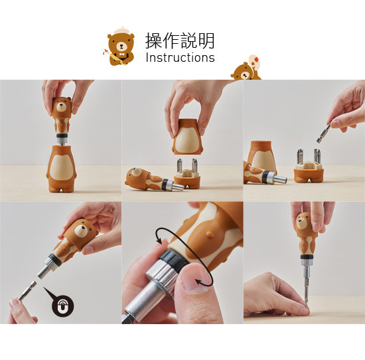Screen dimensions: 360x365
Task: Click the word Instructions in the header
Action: click(180, 58)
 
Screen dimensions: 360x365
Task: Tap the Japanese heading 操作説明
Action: click(180, 41)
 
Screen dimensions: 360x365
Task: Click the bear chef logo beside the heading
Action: click(120, 47)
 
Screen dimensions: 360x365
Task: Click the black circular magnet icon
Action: click(62, 306)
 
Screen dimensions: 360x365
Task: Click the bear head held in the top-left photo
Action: click(61, 108)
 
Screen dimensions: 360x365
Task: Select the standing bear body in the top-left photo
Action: click(61, 169)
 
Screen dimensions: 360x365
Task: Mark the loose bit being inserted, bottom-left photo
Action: click(27, 292)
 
